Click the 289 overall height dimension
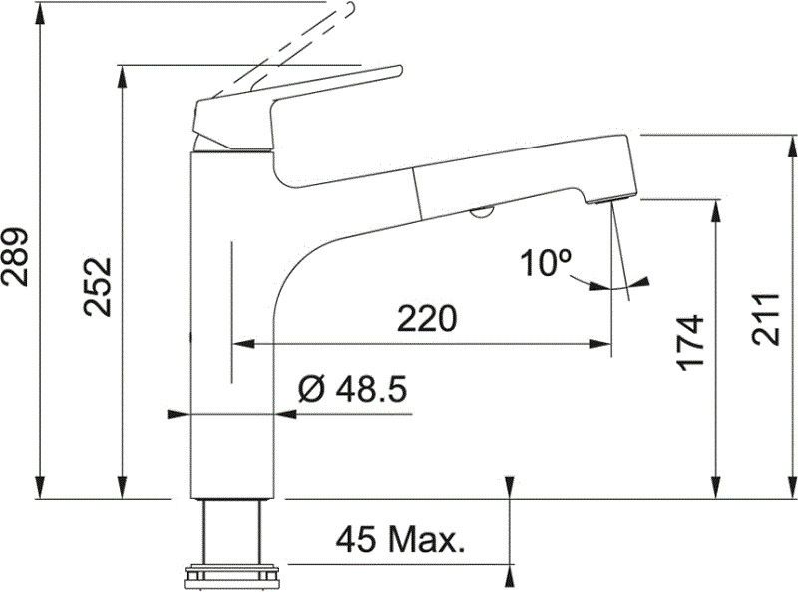point(14,257)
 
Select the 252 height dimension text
point(97,287)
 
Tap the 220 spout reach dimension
point(427,319)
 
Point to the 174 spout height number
point(689,342)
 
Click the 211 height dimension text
point(766,319)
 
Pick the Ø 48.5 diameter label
point(353,390)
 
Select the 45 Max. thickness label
point(401,539)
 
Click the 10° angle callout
point(545,263)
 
